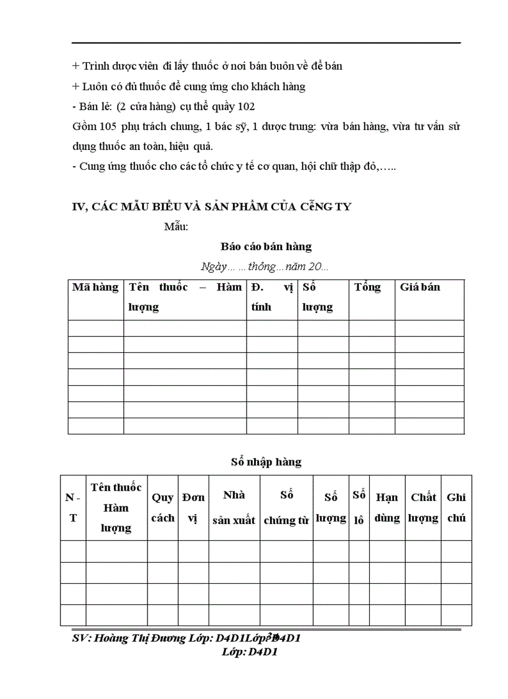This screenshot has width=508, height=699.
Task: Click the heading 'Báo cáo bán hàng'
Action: pos(266,246)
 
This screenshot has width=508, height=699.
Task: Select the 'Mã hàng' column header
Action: pos(95,288)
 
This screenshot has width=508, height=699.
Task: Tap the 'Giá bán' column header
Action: pos(420,288)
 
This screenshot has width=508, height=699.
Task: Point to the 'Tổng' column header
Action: pos(367,288)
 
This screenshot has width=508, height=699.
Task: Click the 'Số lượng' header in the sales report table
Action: pos(317,297)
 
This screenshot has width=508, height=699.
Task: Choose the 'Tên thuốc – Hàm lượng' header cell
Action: pos(185,297)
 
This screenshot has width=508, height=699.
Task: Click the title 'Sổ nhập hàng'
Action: pos(266,462)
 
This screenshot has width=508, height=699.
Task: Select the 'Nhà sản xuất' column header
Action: pos(233,507)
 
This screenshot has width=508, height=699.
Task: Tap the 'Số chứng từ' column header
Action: pos(286,507)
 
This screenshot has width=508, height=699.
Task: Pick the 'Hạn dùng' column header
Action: pos(387,507)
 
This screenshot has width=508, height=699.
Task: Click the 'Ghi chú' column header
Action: pos(456,507)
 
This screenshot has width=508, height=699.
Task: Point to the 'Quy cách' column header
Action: pos(162,507)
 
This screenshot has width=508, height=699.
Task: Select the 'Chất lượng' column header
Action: pos(423,507)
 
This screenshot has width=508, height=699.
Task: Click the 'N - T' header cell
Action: pos(73,507)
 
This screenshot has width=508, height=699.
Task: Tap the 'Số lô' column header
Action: pos(359,507)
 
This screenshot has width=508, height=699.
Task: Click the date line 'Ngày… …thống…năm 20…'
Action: pos(265,266)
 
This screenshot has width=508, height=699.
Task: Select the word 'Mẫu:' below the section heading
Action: pos(176,226)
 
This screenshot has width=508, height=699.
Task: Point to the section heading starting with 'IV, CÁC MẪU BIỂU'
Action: pos(212,207)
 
